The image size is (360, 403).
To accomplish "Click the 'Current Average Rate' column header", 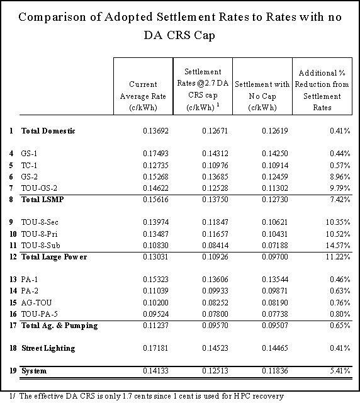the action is [x=143, y=96].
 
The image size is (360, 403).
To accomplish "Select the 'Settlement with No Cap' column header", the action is [x=262, y=96].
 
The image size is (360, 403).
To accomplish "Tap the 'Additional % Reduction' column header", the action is [x=322, y=90].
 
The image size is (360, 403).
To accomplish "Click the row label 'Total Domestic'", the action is [x=48, y=131].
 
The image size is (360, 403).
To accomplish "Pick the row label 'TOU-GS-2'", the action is [x=39, y=188].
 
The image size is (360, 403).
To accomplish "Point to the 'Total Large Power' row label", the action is [x=54, y=257].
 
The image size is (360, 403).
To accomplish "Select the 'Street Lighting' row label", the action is [x=48, y=348].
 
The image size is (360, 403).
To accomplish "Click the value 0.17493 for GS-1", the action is [x=155, y=154].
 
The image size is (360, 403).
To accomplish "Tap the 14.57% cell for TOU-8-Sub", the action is [x=338, y=245].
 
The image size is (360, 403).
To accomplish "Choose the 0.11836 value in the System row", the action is [x=275, y=371].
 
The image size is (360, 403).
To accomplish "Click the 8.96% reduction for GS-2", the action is [x=340, y=176].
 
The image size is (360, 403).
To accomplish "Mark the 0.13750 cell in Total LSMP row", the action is [x=215, y=200].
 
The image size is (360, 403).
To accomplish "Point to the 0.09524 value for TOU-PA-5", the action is [x=155, y=314].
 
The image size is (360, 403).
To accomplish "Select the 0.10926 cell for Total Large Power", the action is [x=215, y=257].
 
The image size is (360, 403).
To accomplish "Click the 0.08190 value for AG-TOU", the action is [x=275, y=302].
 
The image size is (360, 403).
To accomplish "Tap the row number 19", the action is [x=13, y=371].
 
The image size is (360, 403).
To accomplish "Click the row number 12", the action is [x=13, y=257].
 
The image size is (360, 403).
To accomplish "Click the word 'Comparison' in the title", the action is [x=52, y=18].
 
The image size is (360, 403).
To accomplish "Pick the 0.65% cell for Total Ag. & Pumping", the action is [x=340, y=326].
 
